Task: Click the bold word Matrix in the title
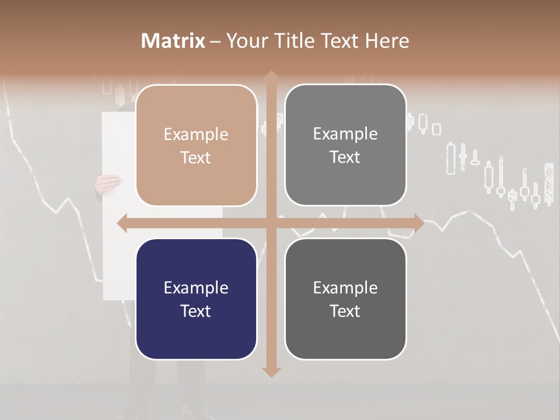tap(173, 41)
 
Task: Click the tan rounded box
tap(196, 145)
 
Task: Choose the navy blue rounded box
tap(196, 299)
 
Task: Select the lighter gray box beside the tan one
tap(345, 145)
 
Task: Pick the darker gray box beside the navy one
tap(345, 299)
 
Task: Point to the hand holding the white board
tap(108, 184)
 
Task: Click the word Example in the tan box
tap(196, 134)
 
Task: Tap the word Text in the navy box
tap(196, 311)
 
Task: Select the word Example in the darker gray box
tap(345, 288)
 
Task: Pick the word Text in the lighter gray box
tap(345, 157)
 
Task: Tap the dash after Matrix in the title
tap(215, 41)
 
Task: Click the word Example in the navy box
tap(196, 288)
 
